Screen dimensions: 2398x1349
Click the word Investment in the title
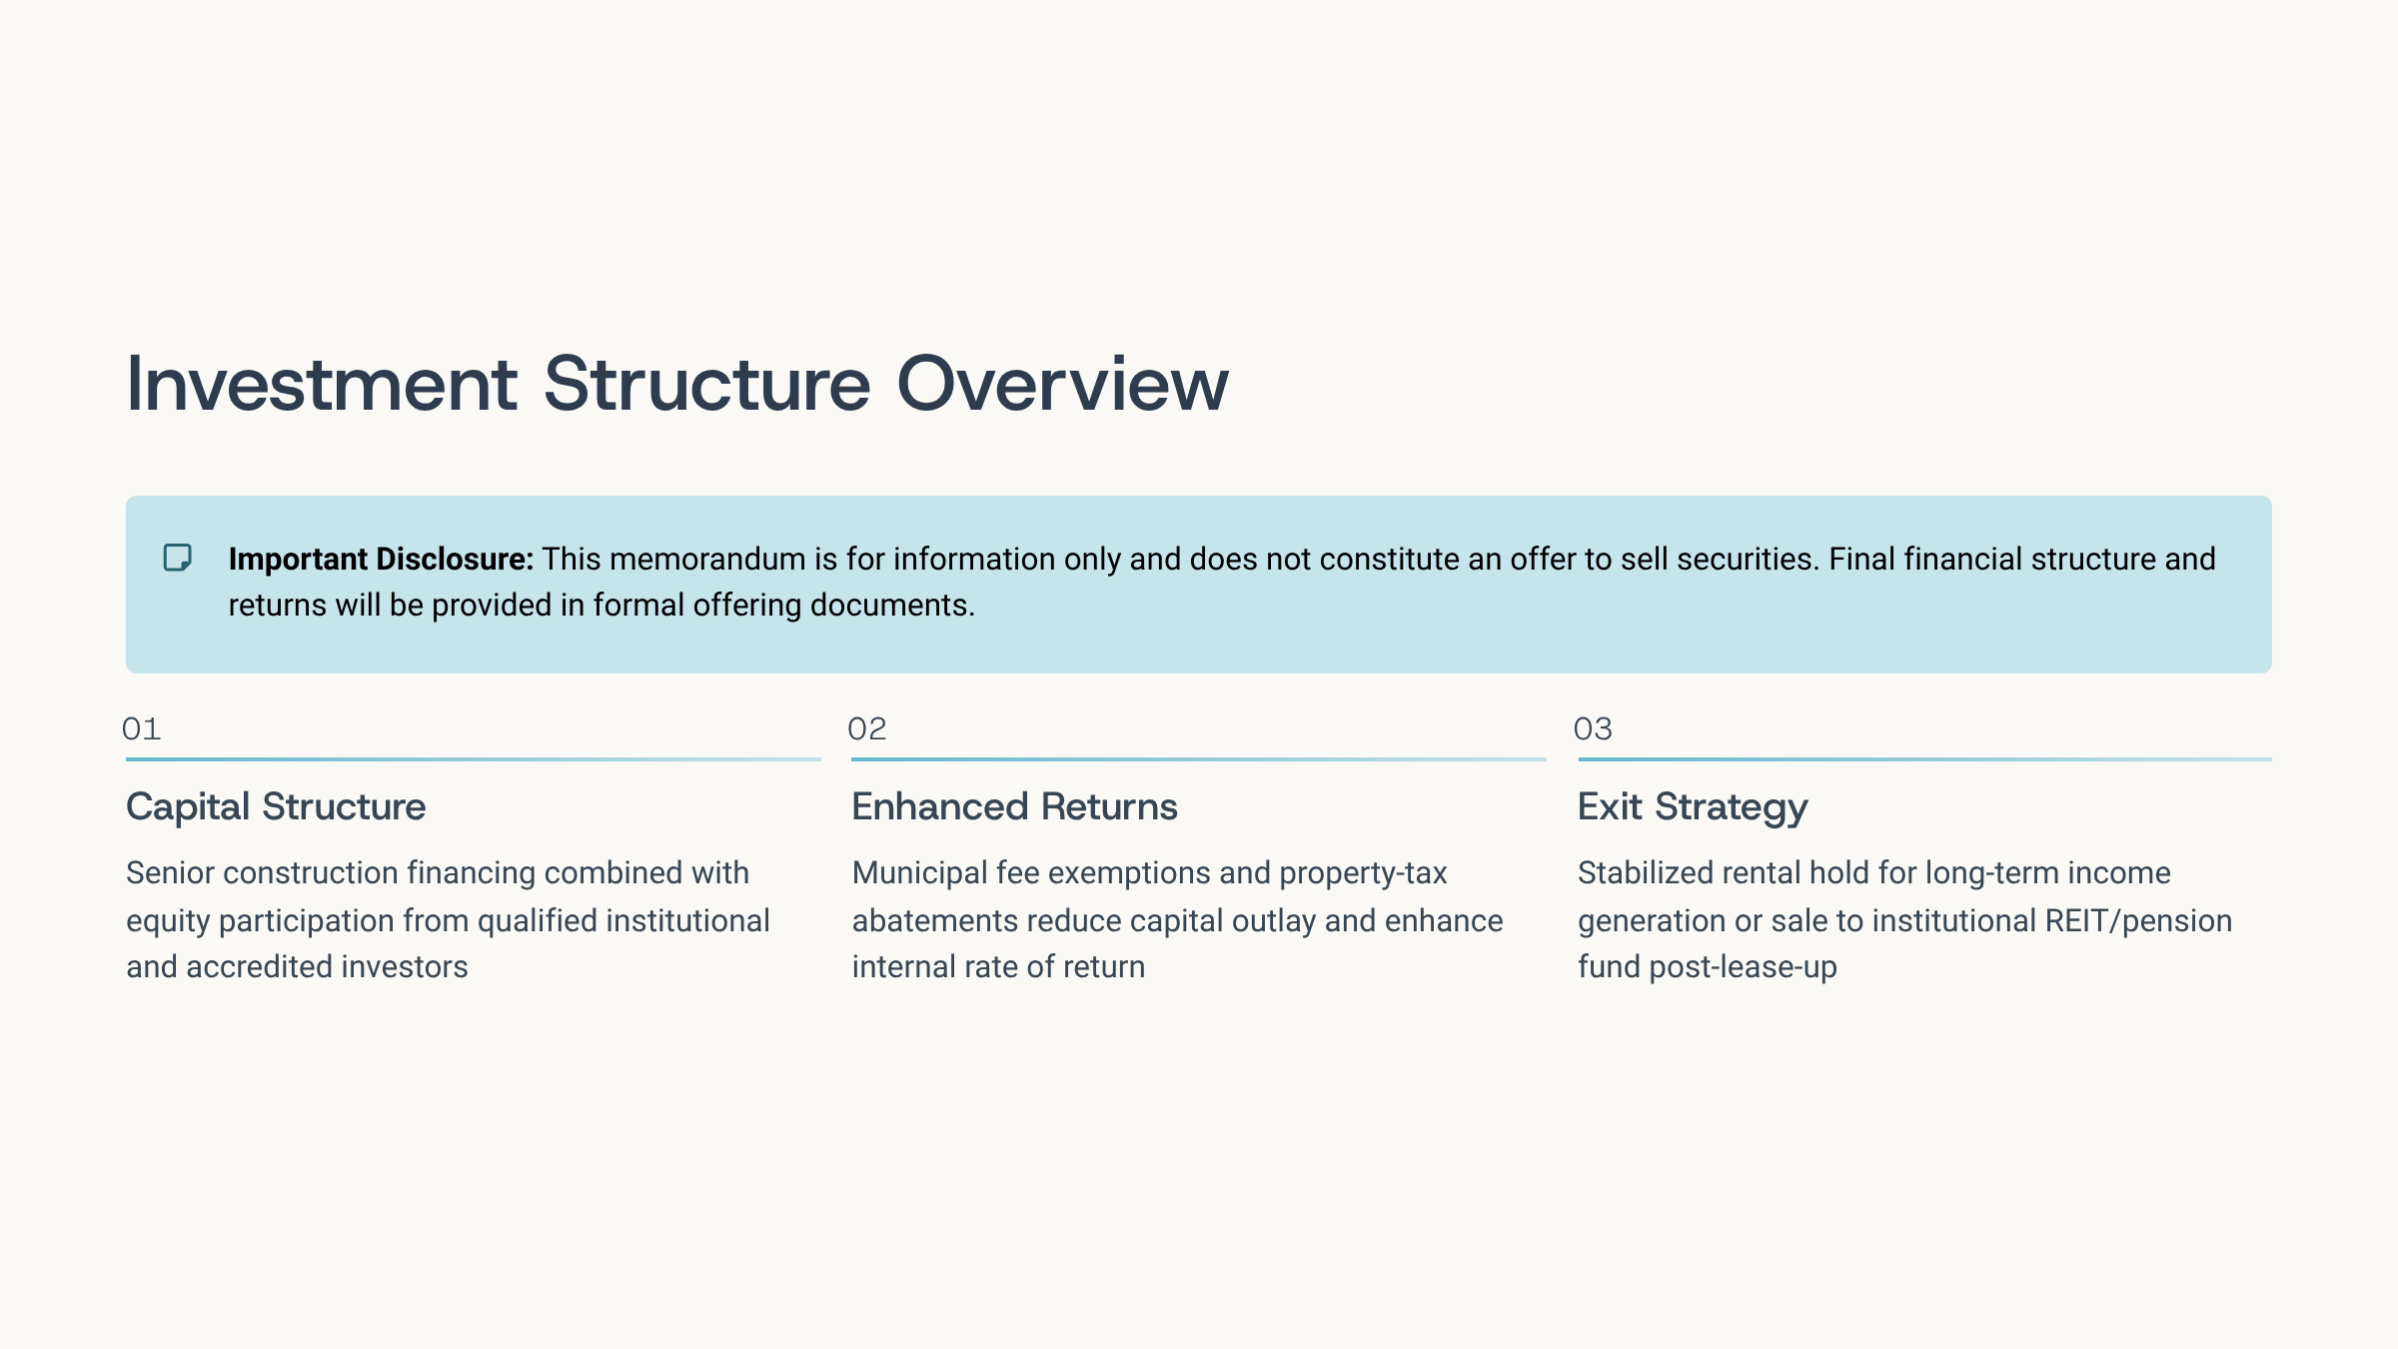pos(322,384)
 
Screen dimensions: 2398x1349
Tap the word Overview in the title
pos(1063,384)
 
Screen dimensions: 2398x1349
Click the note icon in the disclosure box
pos(178,558)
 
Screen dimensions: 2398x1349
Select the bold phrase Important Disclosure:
pos(381,559)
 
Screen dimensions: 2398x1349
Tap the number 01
pos(141,728)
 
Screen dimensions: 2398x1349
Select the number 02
pos(867,728)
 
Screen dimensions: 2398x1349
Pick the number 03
pos(1593,728)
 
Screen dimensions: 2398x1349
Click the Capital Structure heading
pos(276,806)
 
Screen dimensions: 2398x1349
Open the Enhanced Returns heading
pos(1014,806)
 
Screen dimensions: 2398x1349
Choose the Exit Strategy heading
pos(1693,807)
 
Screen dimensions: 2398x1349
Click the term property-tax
pos(1363,873)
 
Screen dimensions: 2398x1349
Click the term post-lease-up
pos(1743,967)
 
